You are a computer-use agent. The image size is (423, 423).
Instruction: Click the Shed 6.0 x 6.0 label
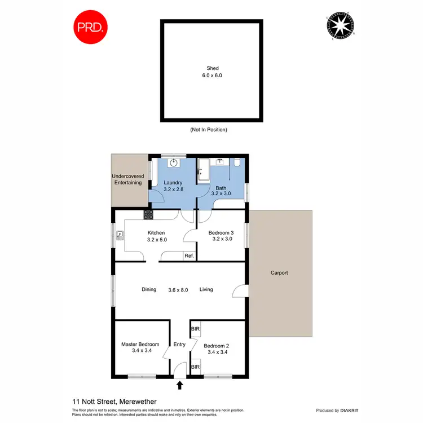pos(212,72)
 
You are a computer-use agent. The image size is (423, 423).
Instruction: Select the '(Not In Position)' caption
pos(209,130)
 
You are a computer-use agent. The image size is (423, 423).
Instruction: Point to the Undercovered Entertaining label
pos(127,179)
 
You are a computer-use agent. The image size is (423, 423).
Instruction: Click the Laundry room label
pos(173,186)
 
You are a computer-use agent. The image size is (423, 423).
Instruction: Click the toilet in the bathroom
pos(238,163)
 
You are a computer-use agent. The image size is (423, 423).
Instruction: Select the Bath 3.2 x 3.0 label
pos(218,190)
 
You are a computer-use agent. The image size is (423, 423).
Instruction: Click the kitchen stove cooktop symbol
pos(148,214)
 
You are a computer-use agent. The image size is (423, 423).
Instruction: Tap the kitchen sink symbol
pos(120,236)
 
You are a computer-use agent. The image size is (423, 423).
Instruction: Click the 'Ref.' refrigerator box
pos(189,256)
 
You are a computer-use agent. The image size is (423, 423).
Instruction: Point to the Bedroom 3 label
pos(221,236)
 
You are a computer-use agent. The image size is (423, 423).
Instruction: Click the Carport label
pos(279,273)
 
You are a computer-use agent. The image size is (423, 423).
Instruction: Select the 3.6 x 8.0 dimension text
pos(178,290)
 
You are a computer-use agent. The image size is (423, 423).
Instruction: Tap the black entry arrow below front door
pos(180,386)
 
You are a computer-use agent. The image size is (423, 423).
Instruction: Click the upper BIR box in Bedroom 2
pos(195,328)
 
